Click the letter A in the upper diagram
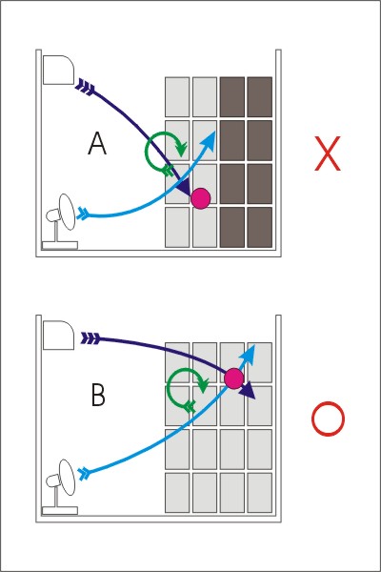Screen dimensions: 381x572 pos(97,143)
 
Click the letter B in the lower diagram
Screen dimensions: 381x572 pos(98,396)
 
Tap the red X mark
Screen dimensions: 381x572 pos(328,153)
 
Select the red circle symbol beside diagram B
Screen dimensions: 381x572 pos(328,419)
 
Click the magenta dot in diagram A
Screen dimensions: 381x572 pos(201,198)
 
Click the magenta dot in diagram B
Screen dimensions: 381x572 pos(233,378)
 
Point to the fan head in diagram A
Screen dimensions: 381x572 pos(67,212)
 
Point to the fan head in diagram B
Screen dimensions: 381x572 pos(67,478)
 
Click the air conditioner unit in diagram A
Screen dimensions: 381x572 pos(58,70)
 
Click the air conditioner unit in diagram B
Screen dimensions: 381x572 pos(58,336)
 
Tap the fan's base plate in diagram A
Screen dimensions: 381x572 pos(60,245)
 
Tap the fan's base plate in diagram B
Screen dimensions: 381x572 pos(60,511)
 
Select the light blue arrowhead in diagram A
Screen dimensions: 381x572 pos(210,140)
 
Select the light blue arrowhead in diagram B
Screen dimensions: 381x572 pos(248,354)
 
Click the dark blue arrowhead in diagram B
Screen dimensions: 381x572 pos(248,390)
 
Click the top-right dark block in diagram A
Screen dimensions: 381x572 pos(260,97)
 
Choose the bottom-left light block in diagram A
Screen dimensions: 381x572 pos(177,227)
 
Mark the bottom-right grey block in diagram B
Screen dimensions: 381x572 pos(260,493)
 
